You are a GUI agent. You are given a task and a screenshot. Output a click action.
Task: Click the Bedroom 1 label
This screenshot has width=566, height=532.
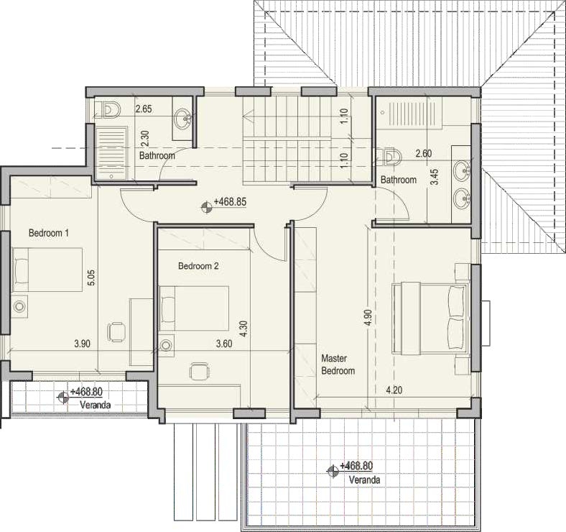coord(48,233)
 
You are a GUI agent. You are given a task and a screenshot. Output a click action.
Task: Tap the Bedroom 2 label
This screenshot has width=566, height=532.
coord(198,267)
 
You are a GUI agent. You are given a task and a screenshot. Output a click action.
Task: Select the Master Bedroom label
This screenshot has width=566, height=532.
coord(338,364)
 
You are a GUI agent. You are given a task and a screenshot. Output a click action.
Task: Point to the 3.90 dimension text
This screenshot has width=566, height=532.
coord(83,344)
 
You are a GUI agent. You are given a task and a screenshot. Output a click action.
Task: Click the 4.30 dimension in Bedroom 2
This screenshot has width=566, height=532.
coord(243,329)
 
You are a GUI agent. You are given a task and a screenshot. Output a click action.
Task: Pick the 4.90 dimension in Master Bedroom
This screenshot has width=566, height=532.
coord(368,317)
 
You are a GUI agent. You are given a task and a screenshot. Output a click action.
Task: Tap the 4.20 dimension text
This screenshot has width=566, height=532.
coord(394,390)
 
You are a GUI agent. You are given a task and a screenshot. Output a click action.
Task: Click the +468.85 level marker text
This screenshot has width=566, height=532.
coord(230,202)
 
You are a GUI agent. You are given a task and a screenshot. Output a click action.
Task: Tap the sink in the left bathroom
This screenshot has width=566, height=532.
coord(183,118)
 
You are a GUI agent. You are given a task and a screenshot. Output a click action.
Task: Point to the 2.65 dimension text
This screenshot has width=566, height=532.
coord(144,109)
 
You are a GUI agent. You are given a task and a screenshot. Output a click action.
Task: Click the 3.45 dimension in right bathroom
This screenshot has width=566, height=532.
coord(436,177)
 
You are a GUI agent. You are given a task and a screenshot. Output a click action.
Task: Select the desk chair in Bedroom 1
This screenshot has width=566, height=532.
coord(116,331)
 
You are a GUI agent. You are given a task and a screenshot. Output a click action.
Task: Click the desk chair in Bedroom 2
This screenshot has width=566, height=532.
coord(200,372)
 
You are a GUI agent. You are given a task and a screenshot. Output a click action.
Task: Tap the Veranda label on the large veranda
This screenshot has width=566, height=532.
coord(364,480)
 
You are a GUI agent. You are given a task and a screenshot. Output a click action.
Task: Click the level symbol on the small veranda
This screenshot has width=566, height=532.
coord(63,397)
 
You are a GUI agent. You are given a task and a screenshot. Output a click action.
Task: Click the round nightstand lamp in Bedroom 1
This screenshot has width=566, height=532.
coord(19,306)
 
